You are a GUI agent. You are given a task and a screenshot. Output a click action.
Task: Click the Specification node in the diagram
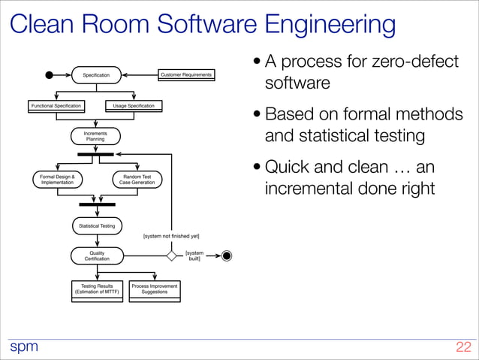(96, 74)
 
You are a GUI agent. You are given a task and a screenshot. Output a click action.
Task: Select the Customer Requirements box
(186, 74)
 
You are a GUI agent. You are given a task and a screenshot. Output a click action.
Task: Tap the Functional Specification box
(56, 106)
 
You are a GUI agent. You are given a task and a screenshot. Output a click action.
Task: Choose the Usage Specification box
(133, 106)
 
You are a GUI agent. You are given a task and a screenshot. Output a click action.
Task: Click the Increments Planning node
(95, 136)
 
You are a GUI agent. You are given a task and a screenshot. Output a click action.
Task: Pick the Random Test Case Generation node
(137, 179)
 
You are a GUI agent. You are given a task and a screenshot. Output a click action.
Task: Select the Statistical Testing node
(97, 225)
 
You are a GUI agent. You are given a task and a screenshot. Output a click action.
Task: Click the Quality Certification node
(97, 256)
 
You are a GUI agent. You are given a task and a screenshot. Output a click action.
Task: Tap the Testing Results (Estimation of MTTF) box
(97, 289)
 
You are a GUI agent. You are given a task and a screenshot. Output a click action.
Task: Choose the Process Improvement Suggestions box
(155, 289)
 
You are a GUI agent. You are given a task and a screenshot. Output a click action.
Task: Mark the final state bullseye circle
(227, 256)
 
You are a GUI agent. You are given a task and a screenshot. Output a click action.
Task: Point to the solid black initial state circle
(50, 74)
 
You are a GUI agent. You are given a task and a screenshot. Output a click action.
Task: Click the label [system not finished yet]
(171, 236)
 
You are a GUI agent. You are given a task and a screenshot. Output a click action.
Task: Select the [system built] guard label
(194, 256)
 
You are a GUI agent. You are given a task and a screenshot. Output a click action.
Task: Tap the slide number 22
(462, 347)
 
